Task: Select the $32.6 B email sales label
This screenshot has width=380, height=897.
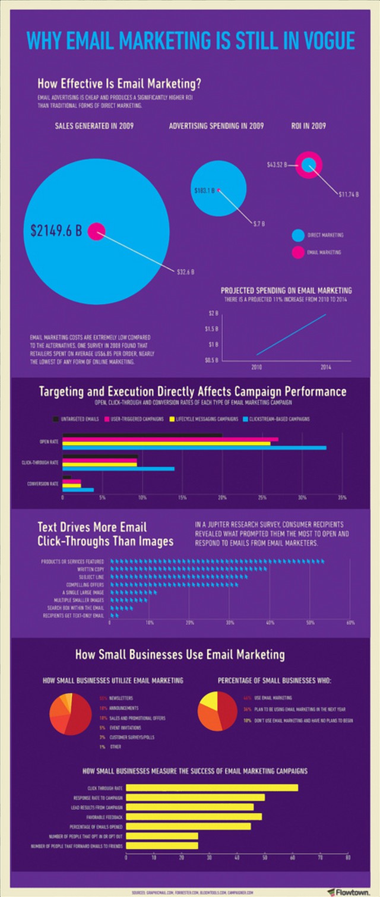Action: [x=186, y=272]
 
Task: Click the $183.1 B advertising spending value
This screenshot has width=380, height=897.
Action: [x=204, y=191]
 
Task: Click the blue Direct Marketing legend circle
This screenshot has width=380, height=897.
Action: [x=298, y=235]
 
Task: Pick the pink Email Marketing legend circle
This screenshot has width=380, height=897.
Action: [x=298, y=252]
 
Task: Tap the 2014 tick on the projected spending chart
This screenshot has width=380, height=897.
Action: [x=325, y=368]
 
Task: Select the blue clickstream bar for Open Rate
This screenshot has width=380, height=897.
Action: [x=194, y=447]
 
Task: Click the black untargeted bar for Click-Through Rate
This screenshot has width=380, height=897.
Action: [x=100, y=457]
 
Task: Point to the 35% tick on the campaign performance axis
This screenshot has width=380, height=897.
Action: [x=342, y=497]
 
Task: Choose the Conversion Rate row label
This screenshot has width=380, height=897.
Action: [x=43, y=484]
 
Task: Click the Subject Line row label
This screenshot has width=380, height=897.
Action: [x=91, y=577]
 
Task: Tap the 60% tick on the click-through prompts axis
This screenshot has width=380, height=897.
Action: [x=350, y=623]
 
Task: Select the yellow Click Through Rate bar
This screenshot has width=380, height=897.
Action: [x=212, y=788]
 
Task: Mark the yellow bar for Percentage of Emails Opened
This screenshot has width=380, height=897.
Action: [x=188, y=826]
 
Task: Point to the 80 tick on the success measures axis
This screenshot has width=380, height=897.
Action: [x=348, y=858]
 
